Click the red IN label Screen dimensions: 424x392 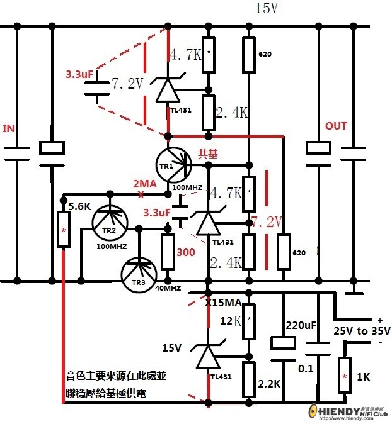(x=9, y=128)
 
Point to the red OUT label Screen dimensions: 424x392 (x=336, y=126)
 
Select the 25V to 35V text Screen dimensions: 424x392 (x=362, y=331)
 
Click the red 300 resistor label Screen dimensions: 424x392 (x=185, y=252)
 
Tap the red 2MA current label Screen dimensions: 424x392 (x=144, y=183)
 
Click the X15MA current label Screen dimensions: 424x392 (x=223, y=303)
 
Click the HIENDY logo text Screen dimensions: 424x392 (x=350, y=410)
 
